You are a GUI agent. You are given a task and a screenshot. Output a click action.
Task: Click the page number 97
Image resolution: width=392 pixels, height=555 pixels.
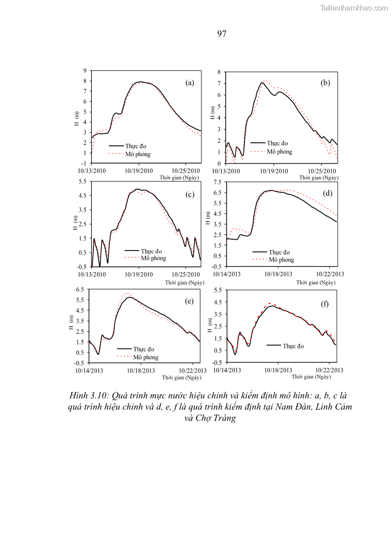[x=222, y=34]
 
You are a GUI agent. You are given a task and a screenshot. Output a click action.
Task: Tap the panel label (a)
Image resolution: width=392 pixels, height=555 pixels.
[x=190, y=83]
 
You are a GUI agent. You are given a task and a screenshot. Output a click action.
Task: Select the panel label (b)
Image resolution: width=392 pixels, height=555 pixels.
[x=325, y=83]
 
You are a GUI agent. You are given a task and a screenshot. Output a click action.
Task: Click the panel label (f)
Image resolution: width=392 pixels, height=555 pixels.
[x=324, y=304]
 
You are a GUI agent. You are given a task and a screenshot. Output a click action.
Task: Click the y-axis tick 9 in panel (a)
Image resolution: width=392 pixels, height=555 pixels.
[x=85, y=71]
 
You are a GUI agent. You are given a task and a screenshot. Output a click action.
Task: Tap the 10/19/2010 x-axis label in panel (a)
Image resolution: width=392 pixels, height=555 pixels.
[x=138, y=171]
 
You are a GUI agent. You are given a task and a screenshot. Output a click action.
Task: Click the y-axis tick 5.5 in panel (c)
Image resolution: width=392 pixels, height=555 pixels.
[x=83, y=181]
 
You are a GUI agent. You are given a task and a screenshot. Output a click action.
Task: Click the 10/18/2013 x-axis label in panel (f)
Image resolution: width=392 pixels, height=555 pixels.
[x=278, y=370]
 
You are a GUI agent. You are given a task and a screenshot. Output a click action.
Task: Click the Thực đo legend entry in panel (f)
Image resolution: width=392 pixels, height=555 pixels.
[x=293, y=346]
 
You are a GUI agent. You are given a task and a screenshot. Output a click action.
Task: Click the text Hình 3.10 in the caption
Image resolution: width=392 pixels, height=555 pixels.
[x=89, y=395]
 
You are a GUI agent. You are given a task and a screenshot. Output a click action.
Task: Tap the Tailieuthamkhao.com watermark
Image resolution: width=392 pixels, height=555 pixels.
[x=354, y=7]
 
